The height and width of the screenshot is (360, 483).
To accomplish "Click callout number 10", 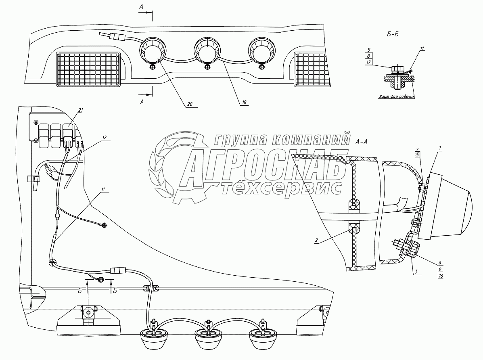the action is [243, 103].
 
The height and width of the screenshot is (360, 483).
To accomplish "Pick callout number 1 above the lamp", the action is [439, 149].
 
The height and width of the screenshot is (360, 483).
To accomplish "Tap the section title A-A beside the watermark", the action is [361, 142].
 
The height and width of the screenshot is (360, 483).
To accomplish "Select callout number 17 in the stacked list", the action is [369, 63].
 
